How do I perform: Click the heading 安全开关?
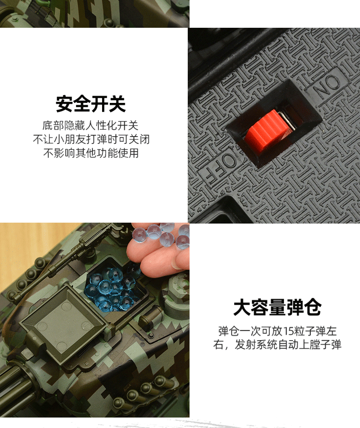(x=91, y=104)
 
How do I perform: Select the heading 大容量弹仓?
(x=278, y=308)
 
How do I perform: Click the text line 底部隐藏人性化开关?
(x=91, y=126)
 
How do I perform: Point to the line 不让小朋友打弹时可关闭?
(x=91, y=139)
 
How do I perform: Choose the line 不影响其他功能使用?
(x=91, y=153)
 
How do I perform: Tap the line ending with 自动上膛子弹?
(x=278, y=345)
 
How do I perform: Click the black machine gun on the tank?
(x=68, y=260)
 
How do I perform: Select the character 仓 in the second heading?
(x=313, y=308)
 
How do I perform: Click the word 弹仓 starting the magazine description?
(x=227, y=331)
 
